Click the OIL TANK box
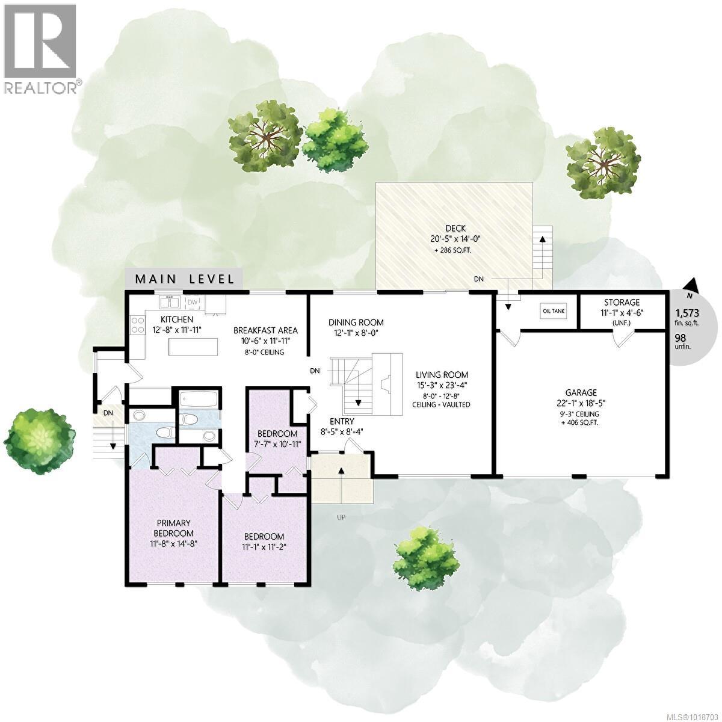click(x=554, y=311)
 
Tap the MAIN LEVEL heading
click(x=184, y=279)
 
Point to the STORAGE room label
click(x=622, y=302)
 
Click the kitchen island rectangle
click(x=195, y=347)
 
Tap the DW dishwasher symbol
click(x=193, y=302)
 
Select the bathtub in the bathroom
click(x=198, y=400)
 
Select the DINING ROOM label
click(x=356, y=322)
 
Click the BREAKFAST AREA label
click(x=265, y=330)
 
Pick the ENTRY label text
click(x=341, y=421)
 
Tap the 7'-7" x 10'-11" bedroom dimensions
click(x=277, y=444)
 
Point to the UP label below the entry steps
click(x=341, y=517)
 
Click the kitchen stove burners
click(x=137, y=326)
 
